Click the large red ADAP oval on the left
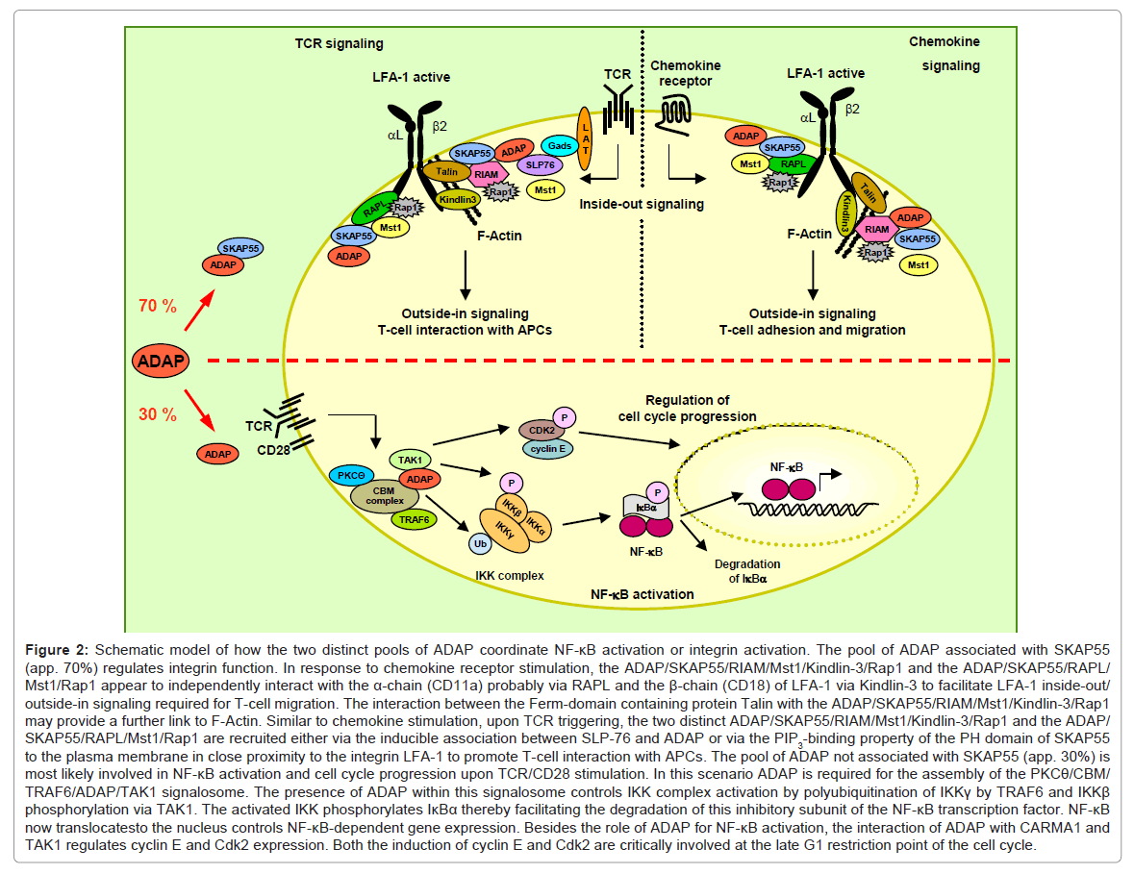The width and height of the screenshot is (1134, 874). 161,361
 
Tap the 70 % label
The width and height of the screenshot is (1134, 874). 157,307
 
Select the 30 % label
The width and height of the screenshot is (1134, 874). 157,414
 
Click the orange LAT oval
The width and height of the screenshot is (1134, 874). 584,140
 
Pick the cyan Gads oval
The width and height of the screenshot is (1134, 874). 558,144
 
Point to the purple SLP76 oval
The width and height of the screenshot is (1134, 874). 539,164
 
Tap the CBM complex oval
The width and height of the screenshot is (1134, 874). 383,496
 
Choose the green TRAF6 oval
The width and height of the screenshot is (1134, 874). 415,519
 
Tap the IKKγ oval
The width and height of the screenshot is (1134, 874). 504,527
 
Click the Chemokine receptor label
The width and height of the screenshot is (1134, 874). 686,73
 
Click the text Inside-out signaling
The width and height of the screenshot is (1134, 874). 641,204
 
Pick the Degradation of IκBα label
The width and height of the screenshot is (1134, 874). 746,571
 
